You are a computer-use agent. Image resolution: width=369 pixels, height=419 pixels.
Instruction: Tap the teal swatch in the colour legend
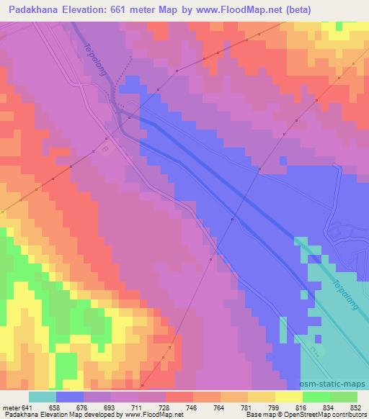pyautogui.click(x=43, y=397)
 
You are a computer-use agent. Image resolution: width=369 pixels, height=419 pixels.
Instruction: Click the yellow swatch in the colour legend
pyautogui.click(x=288, y=397)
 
